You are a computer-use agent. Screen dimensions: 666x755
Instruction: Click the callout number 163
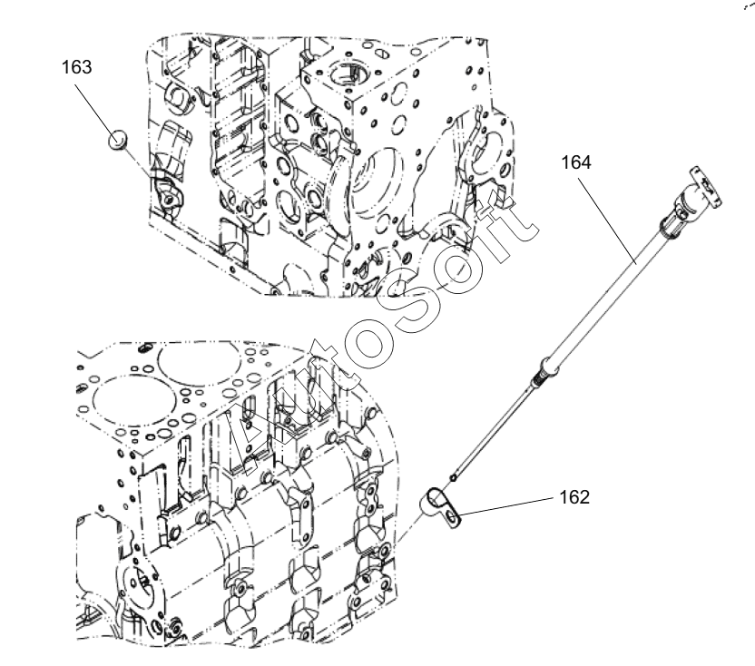coord(77,66)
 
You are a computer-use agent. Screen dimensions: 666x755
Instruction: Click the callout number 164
coord(575,162)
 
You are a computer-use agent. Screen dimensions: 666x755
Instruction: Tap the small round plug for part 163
coord(117,140)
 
